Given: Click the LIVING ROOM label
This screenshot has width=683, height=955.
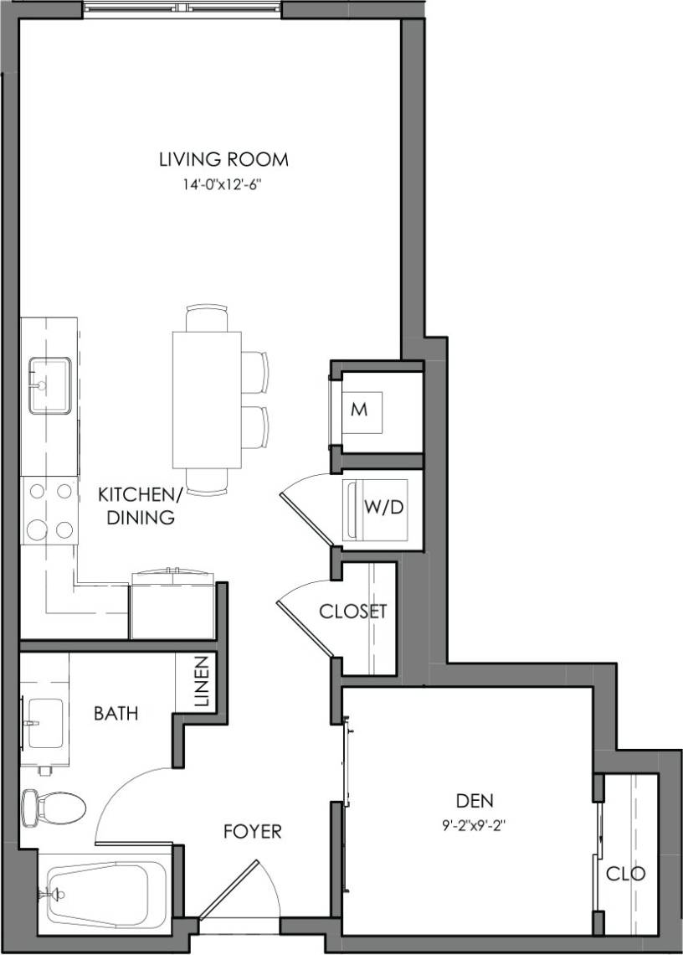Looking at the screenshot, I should (223, 158).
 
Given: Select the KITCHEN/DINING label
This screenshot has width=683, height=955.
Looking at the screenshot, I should (136, 506).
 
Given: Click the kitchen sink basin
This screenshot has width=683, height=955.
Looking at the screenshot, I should (49, 385).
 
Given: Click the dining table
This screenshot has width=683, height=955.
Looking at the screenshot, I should (207, 400).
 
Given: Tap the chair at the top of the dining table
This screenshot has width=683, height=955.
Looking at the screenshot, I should (207, 318).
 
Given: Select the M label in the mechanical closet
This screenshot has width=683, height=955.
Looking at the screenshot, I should (360, 410).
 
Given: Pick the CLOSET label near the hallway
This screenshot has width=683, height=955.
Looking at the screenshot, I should (353, 612).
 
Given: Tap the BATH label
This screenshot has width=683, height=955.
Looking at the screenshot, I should (116, 714).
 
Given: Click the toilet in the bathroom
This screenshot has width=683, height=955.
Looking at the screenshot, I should (54, 808).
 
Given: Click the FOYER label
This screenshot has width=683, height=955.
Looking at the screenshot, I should (252, 832).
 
